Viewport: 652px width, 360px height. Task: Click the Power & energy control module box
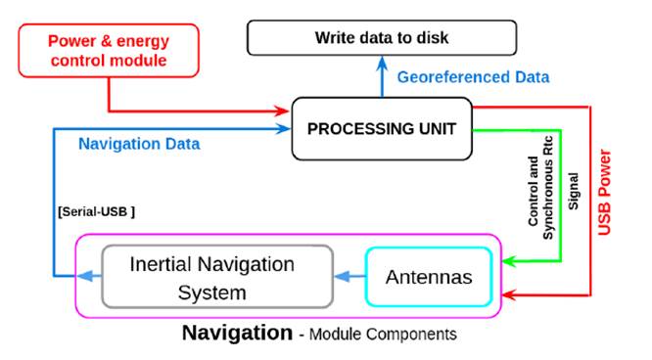[108, 51]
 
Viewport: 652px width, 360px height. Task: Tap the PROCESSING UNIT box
[382, 129]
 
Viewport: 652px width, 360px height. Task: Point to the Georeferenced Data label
[472, 77]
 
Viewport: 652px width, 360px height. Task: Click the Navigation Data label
[139, 144]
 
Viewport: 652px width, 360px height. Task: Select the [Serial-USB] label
[95, 211]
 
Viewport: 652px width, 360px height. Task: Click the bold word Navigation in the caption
[236, 334]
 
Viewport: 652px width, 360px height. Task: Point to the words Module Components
[383, 335]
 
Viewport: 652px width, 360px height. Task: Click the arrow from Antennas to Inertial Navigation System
[349, 278]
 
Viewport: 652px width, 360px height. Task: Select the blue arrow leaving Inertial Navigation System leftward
[90, 278]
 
